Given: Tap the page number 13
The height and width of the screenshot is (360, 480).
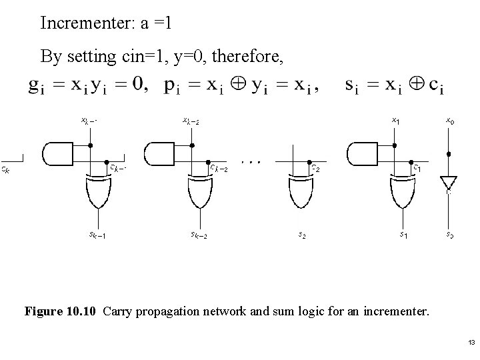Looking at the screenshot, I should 471,343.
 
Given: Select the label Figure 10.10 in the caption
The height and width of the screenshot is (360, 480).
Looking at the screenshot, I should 62,311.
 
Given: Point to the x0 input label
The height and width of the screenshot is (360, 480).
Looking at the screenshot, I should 450,121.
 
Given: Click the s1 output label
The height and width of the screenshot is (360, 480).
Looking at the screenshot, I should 404,235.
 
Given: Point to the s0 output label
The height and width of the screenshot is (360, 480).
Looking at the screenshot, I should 451,235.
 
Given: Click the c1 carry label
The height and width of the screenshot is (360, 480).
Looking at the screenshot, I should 417,169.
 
